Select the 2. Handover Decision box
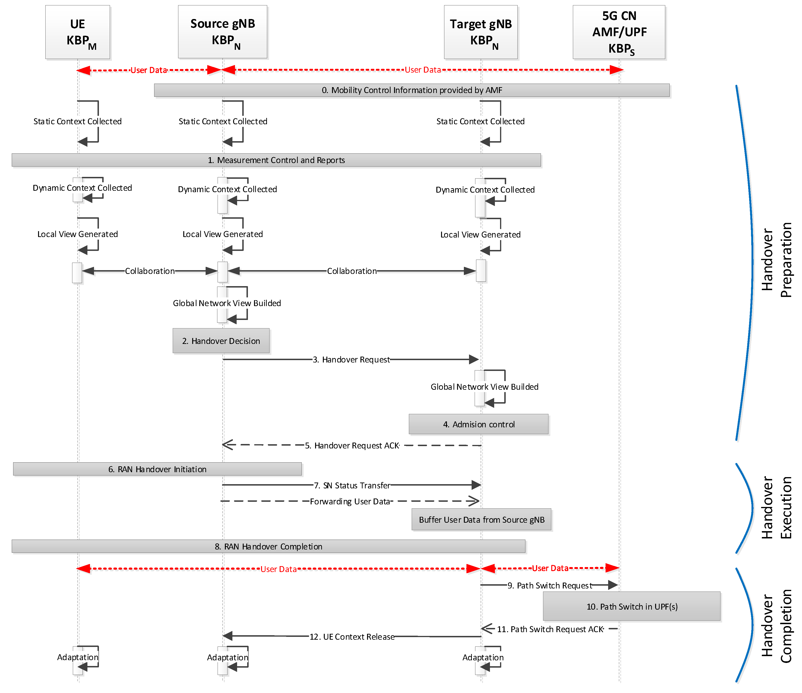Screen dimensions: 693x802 (221, 341)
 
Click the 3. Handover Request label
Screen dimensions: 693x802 (352, 360)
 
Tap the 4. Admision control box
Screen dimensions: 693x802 (478, 424)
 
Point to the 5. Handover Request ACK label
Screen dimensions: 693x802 (352, 446)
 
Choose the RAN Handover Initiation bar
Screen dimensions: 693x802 (157, 469)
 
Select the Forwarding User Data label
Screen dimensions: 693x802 (350, 502)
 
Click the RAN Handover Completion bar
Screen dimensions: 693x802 (268, 546)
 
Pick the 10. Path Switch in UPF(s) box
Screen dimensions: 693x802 (632, 606)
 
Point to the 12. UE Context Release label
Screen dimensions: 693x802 (352, 637)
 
